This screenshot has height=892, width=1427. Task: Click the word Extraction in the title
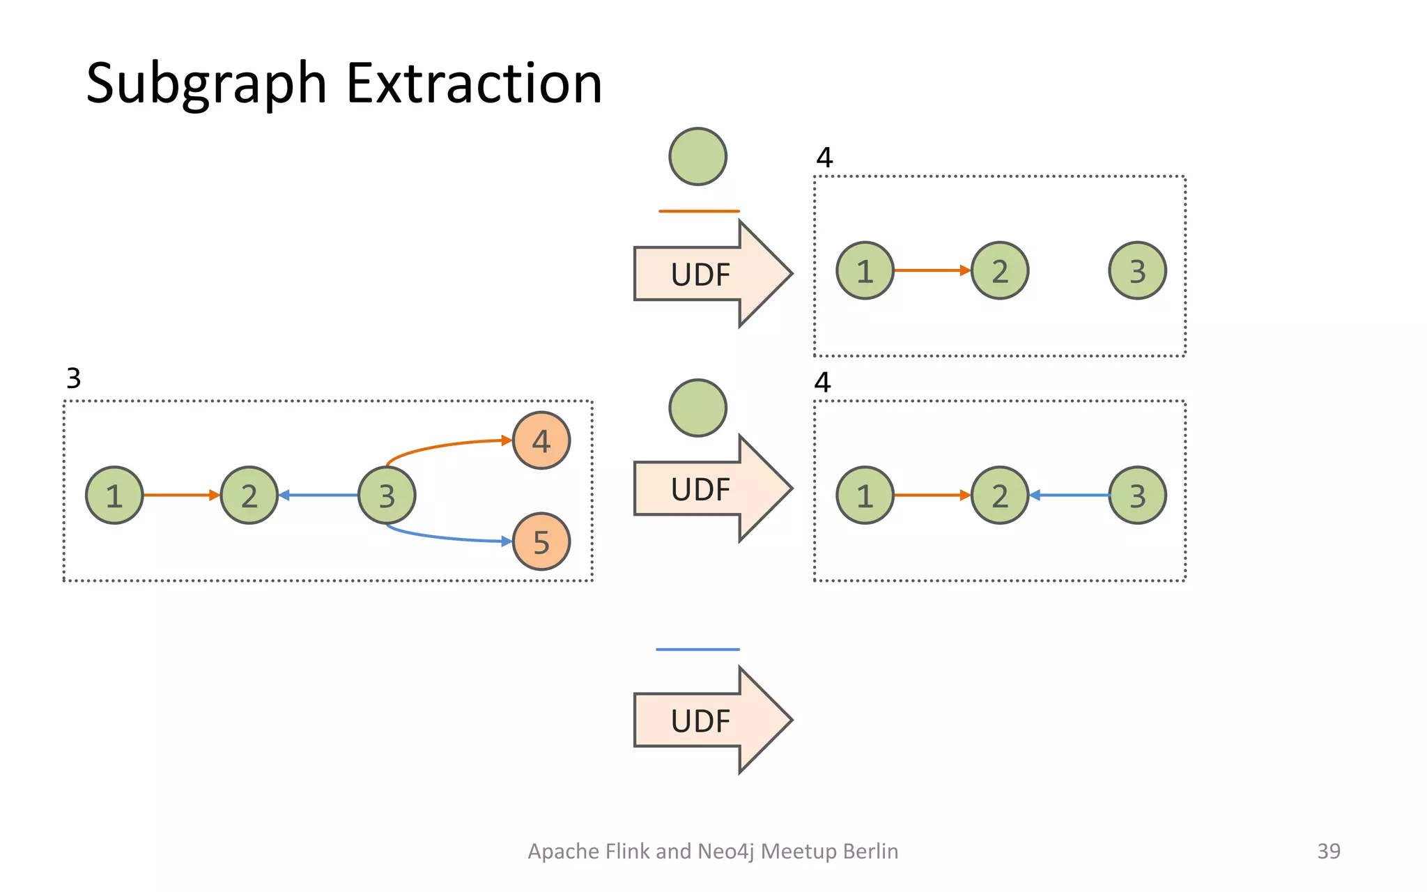474,84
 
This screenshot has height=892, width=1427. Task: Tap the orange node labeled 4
541,440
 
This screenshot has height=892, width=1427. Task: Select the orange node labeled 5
541,541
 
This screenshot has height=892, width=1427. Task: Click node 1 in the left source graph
114,495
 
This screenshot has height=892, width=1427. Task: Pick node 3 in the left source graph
387,495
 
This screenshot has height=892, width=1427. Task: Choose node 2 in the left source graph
249,495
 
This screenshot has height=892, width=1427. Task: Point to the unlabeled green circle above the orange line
697,157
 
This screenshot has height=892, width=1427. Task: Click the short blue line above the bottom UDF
697,649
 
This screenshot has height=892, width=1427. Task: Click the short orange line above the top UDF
699,211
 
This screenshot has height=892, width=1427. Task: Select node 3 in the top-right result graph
1137,271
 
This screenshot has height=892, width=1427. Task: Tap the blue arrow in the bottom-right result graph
1070,495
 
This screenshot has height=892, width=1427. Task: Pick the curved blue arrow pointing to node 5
446,537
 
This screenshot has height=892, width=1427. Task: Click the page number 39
1329,851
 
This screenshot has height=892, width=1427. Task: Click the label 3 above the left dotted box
74,378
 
